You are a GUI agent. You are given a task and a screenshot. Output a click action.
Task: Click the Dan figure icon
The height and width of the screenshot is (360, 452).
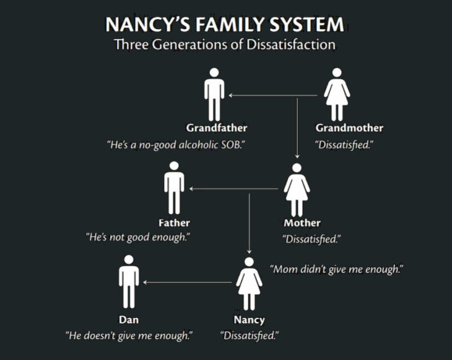[x=129, y=281]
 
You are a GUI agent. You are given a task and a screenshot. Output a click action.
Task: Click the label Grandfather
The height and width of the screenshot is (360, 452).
[x=217, y=128]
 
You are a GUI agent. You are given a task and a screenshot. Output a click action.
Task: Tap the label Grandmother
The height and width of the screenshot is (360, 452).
[x=349, y=128]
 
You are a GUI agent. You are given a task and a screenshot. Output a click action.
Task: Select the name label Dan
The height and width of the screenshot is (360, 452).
[x=129, y=320]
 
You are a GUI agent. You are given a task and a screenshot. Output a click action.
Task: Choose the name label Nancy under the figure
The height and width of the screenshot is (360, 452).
[x=249, y=320]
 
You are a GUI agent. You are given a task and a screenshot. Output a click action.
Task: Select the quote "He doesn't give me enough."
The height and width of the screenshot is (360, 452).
[x=129, y=336]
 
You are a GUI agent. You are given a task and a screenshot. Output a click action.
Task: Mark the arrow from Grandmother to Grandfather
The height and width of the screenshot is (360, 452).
[x=272, y=95]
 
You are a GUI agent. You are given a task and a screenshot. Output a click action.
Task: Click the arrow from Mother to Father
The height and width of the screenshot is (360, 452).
[x=234, y=188]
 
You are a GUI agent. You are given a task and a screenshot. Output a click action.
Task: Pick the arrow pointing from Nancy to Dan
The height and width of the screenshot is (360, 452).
[x=188, y=283]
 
